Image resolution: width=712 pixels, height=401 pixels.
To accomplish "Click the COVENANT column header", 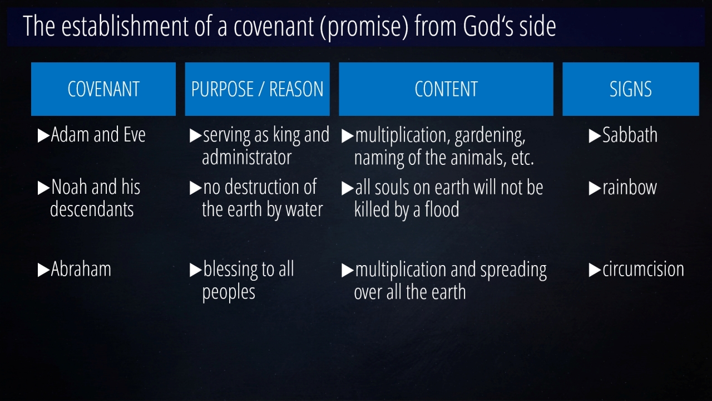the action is [x=103, y=89].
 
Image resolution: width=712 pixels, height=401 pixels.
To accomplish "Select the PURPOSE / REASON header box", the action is [x=257, y=89].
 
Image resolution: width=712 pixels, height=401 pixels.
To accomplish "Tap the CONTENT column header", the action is [x=446, y=89].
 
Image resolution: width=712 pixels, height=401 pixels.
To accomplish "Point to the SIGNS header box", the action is [x=631, y=89].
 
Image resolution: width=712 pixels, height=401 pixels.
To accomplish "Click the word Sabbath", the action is [x=630, y=135].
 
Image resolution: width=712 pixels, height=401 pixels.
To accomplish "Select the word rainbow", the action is [x=630, y=188].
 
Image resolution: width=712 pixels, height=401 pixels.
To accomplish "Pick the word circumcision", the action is [x=644, y=270].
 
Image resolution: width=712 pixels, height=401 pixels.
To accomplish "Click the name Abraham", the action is [x=81, y=269].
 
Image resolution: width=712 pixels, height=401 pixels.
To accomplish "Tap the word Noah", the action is [x=70, y=187].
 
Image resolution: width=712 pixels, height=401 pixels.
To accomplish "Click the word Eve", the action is [x=135, y=135].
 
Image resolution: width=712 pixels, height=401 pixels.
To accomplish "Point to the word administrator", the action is [x=246, y=158].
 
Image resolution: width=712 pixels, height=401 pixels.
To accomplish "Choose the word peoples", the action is [x=229, y=293].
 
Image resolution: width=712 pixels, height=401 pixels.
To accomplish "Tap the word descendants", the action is [x=92, y=210].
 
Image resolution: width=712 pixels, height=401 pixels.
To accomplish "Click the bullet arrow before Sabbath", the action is [x=595, y=136].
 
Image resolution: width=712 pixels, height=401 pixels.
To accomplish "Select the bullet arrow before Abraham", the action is [x=43, y=270].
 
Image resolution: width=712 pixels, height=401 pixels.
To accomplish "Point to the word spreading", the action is [x=513, y=271].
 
